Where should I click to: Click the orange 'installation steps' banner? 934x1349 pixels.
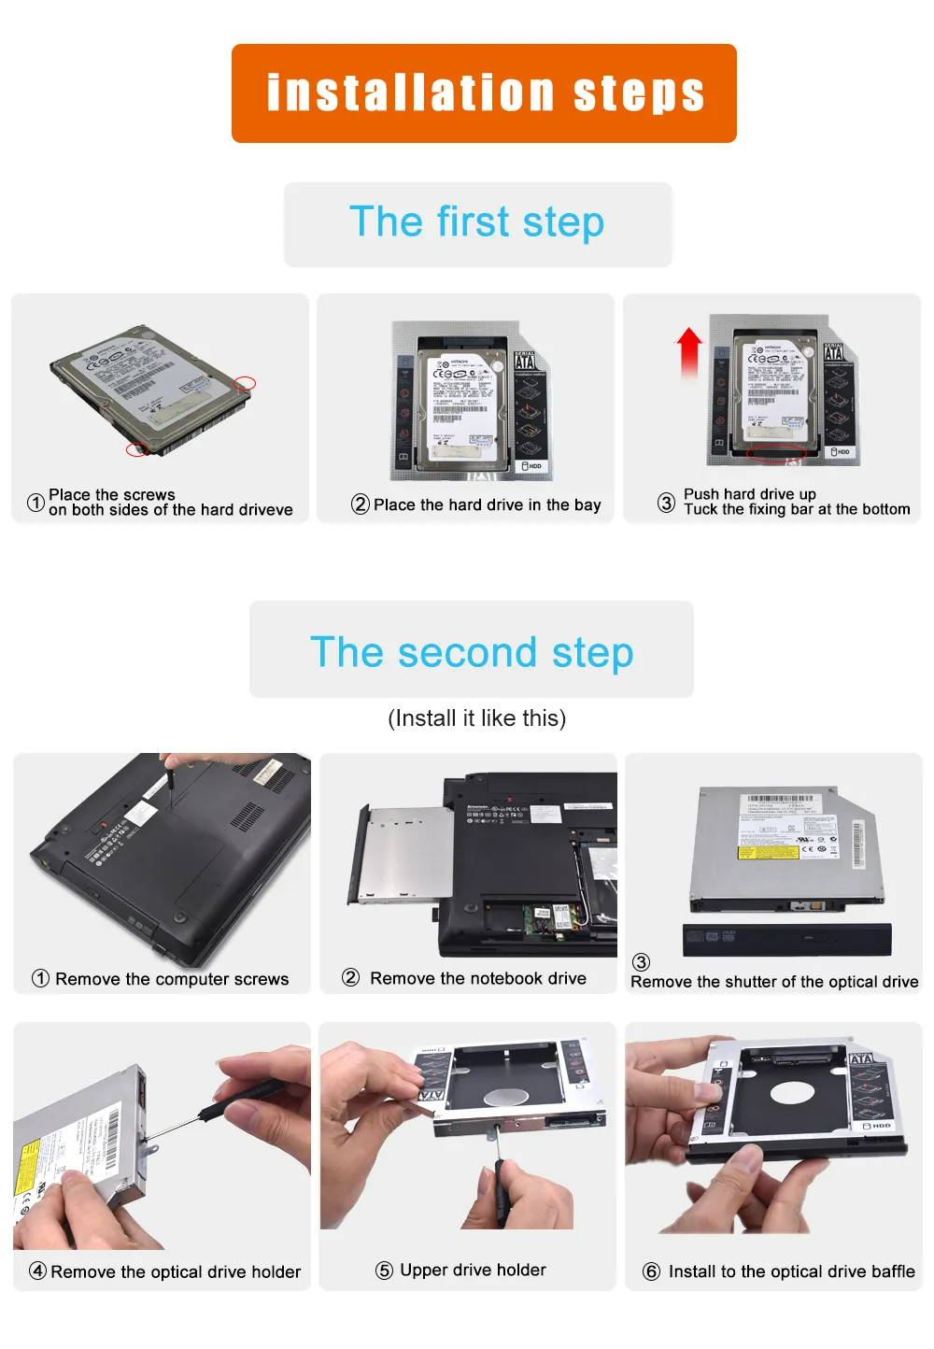click(x=484, y=93)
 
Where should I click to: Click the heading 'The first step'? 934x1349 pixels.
click(x=477, y=223)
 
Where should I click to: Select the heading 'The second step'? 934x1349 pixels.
click(x=472, y=652)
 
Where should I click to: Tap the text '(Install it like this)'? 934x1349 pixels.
click(x=476, y=718)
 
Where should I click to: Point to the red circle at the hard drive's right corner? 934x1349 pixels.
click(x=245, y=383)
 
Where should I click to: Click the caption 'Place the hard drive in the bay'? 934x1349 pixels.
click(x=487, y=505)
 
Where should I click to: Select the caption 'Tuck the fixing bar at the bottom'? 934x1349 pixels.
click(x=796, y=510)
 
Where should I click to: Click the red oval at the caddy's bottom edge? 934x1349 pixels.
click(x=775, y=455)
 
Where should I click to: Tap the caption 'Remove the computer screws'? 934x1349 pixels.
click(x=172, y=979)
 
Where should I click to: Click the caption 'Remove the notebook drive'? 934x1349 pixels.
click(x=478, y=978)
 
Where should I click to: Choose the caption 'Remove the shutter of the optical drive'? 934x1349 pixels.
click(x=774, y=982)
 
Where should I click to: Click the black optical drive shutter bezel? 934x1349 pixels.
click(x=786, y=939)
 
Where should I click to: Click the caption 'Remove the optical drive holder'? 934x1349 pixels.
click(x=176, y=1271)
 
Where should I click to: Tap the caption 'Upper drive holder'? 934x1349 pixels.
click(x=473, y=1270)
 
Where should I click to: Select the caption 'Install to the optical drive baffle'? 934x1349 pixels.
click(x=791, y=1271)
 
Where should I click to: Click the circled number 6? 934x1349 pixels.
click(x=651, y=1271)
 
